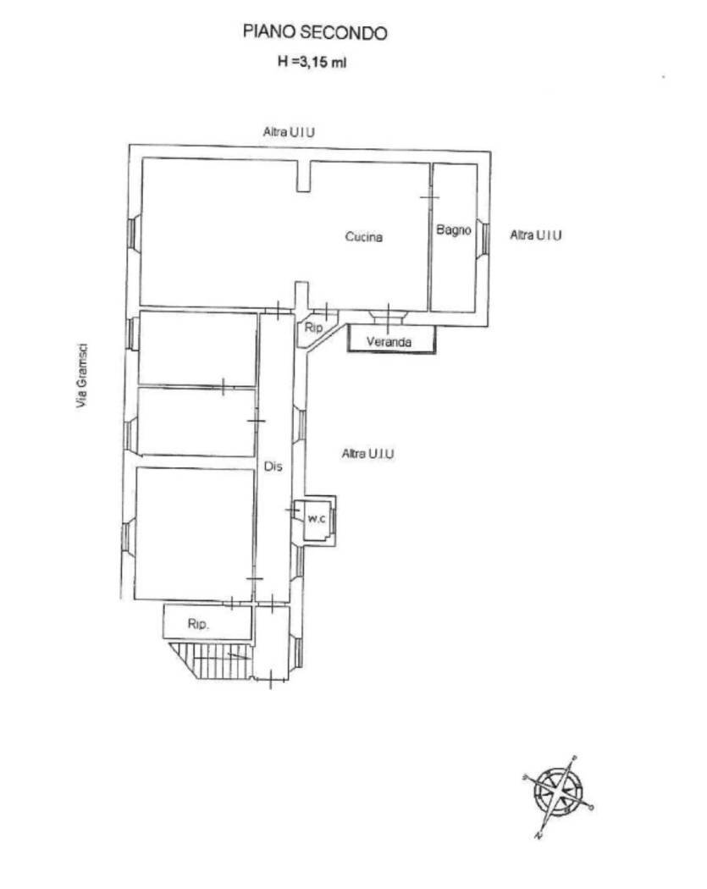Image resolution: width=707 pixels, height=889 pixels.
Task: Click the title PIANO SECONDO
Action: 315,32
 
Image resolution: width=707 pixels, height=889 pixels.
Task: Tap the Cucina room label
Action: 364,236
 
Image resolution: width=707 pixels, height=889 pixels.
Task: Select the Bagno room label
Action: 454,229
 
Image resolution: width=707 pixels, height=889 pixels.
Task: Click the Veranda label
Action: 389,341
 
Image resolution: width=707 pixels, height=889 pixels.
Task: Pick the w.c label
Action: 317,518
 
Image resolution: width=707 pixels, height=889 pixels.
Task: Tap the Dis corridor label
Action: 273,467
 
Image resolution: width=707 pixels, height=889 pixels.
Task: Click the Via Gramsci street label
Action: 83,375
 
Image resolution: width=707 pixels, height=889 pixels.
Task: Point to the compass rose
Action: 558,791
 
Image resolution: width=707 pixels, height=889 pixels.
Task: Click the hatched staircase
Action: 211,660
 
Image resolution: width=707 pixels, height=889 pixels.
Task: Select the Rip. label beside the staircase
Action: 198,624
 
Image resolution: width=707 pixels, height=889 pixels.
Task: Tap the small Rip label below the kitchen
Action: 313,328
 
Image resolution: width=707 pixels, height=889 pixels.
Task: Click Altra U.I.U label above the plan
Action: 289,132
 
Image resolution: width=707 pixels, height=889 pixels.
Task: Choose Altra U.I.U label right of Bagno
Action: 536,235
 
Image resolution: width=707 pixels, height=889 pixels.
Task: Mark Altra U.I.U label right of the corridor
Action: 368,454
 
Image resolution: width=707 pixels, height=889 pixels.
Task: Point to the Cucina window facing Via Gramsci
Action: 131,233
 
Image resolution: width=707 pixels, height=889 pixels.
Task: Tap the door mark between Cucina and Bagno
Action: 430,197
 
